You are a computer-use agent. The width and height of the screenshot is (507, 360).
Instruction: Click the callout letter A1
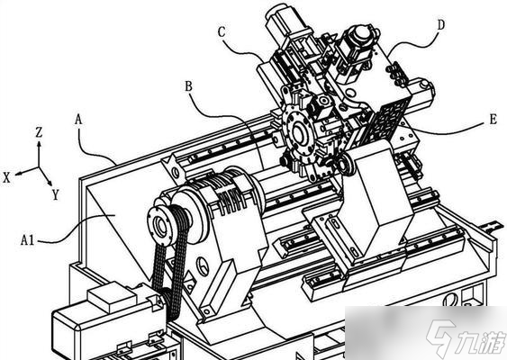[x=27, y=240]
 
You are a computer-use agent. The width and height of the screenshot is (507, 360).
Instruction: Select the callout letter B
[x=188, y=86]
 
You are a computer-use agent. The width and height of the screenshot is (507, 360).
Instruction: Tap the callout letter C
[x=222, y=32]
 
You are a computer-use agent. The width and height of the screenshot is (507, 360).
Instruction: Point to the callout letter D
[x=440, y=25]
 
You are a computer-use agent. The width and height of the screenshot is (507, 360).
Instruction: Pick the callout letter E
[x=493, y=120]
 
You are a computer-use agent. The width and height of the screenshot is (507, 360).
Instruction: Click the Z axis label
[x=39, y=132]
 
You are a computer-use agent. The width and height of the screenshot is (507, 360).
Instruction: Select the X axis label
[x=6, y=177]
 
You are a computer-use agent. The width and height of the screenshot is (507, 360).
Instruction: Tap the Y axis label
[x=56, y=194]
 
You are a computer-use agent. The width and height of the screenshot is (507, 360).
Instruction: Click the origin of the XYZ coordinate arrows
[x=39, y=167]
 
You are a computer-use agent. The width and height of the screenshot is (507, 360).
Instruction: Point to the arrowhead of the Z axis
[x=39, y=145]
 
